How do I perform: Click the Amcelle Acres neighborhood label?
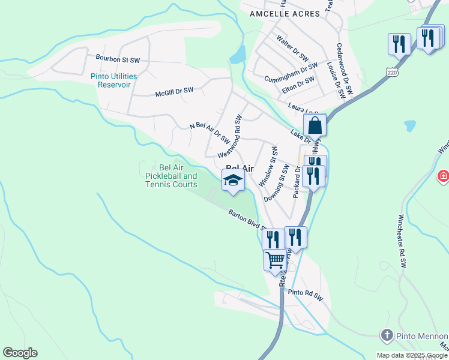[x=277, y=13]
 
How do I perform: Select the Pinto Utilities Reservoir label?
[x=114, y=80]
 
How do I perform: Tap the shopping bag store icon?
[x=315, y=126]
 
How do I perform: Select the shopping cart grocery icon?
[x=275, y=261]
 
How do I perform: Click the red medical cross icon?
[x=443, y=176]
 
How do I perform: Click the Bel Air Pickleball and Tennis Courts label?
[x=171, y=176]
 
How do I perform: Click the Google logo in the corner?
[x=20, y=353]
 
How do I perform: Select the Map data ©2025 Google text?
[x=412, y=355]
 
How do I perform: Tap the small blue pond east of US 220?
[x=410, y=126]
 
